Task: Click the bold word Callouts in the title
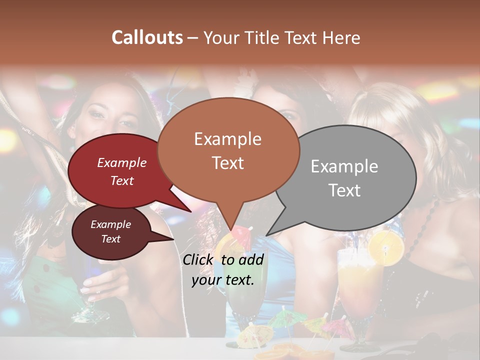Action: [x=147, y=37]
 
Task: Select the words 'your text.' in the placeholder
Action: [x=223, y=280]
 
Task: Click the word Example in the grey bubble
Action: [x=344, y=166]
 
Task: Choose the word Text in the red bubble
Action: [x=122, y=181]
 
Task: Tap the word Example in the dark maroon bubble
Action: [x=111, y=224]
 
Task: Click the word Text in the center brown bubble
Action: [x=228, y=163]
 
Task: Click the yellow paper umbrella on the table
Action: [x=251, y=337]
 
